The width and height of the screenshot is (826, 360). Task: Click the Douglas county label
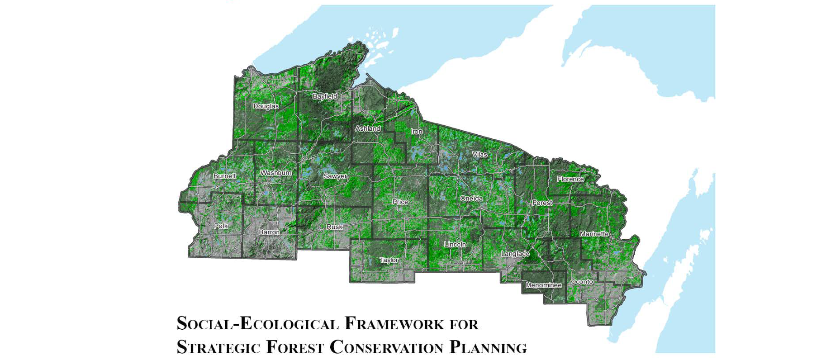[x=266, y=106]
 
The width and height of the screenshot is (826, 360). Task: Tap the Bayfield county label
[x=325, y=96]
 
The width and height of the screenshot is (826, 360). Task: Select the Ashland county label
[x=367, y=128]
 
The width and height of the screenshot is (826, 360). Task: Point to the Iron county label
[x=416, y=132]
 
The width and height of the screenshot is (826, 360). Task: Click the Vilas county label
[x=479, y=155]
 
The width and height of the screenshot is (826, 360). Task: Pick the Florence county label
[x=570, y=179]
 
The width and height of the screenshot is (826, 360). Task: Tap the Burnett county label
[x=224, y=176]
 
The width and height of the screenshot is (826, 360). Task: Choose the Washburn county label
[x=275, y=173]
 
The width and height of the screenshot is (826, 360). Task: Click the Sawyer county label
[x=335, y=176]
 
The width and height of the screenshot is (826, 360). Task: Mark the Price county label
[x=400, y=202]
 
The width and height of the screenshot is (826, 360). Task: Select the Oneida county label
[x=471, y=199]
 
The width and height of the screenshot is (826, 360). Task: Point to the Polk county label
[x=221, y=226]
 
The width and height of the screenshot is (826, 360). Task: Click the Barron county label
[x=269, y=232]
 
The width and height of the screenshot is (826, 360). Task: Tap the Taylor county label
[x=389, y=260]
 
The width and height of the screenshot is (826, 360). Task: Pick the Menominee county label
[x=543, y=285]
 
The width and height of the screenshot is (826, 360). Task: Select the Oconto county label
[x=581, y=282]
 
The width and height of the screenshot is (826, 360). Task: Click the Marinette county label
[x=594, y=234]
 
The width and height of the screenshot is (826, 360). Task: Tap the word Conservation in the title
[x=387, y=347]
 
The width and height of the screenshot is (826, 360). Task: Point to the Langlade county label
[x=515, y=254]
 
